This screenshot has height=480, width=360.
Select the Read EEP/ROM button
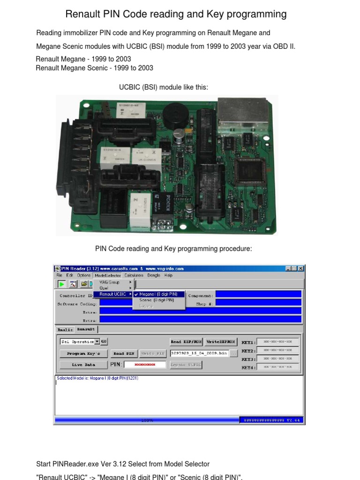(x=186, y=342)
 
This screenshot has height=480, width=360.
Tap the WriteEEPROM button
(x=221, y=342)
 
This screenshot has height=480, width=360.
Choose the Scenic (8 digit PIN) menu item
(x=157, y=300)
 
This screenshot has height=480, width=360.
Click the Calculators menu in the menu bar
(x=134, y=276)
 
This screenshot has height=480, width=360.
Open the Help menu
(x=168, y=276)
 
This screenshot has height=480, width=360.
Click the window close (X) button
(x=300, y=269)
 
